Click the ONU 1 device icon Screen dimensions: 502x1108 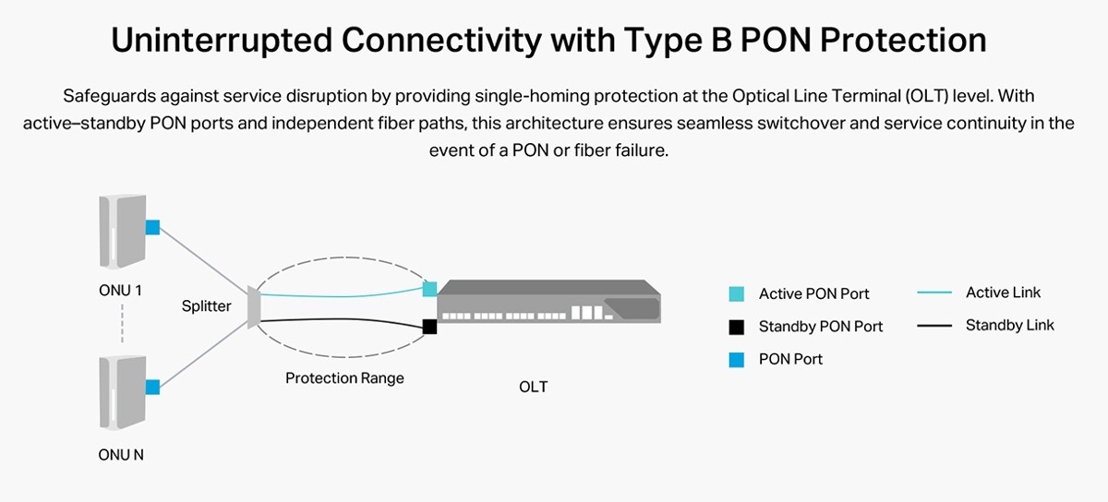pos(121,235)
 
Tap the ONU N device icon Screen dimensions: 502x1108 pos(121,393)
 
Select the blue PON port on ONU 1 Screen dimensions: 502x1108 pos(152,227)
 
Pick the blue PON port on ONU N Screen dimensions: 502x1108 pos(152,388)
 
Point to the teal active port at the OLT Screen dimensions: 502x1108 pos(429,289)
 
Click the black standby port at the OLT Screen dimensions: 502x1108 pos(429,326)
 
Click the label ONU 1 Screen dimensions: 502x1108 pos(120,291)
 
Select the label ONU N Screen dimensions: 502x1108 pos(121,454)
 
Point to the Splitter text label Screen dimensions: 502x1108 pos(206,306)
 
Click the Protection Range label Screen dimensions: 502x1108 pos(344,378)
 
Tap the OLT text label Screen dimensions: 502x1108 pos(533,387)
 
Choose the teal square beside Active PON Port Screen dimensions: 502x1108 pos(736,294)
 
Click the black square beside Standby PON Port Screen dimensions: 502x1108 pos(736,327)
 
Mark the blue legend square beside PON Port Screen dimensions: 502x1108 pos(736,359)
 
